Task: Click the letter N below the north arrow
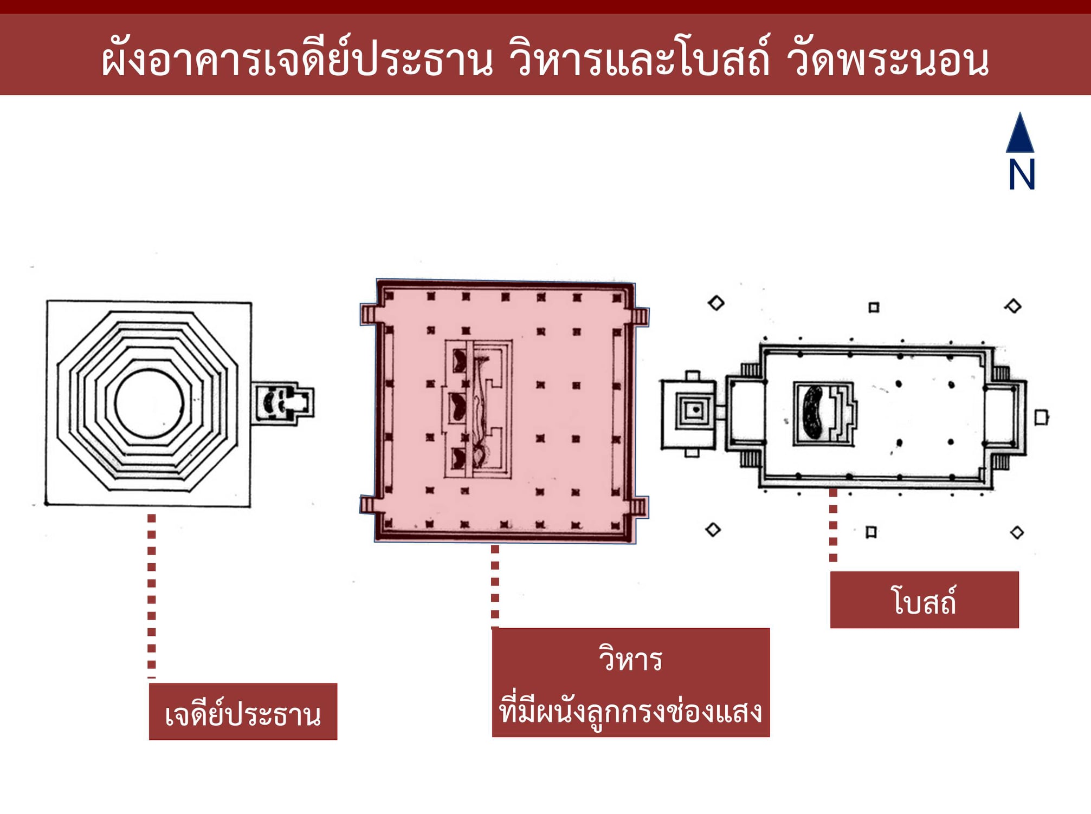[x=1022, y=174]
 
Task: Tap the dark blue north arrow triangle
[x=1020, y=134]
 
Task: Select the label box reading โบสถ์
[x=924, y=600]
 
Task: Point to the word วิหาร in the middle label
[x=630, y=660]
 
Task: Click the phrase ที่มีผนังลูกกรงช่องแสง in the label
[x=630, y=711]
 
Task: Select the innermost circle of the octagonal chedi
[x=150, y=403]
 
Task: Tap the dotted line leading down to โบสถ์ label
[x=833, y=525]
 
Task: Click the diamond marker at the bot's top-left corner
[x=716, y=303]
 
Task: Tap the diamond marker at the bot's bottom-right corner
[x=1017, y=533]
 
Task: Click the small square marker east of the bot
[x=1041, y=418]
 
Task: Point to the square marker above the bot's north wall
[x=874, y=308]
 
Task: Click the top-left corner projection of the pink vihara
[x=369, y=314]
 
